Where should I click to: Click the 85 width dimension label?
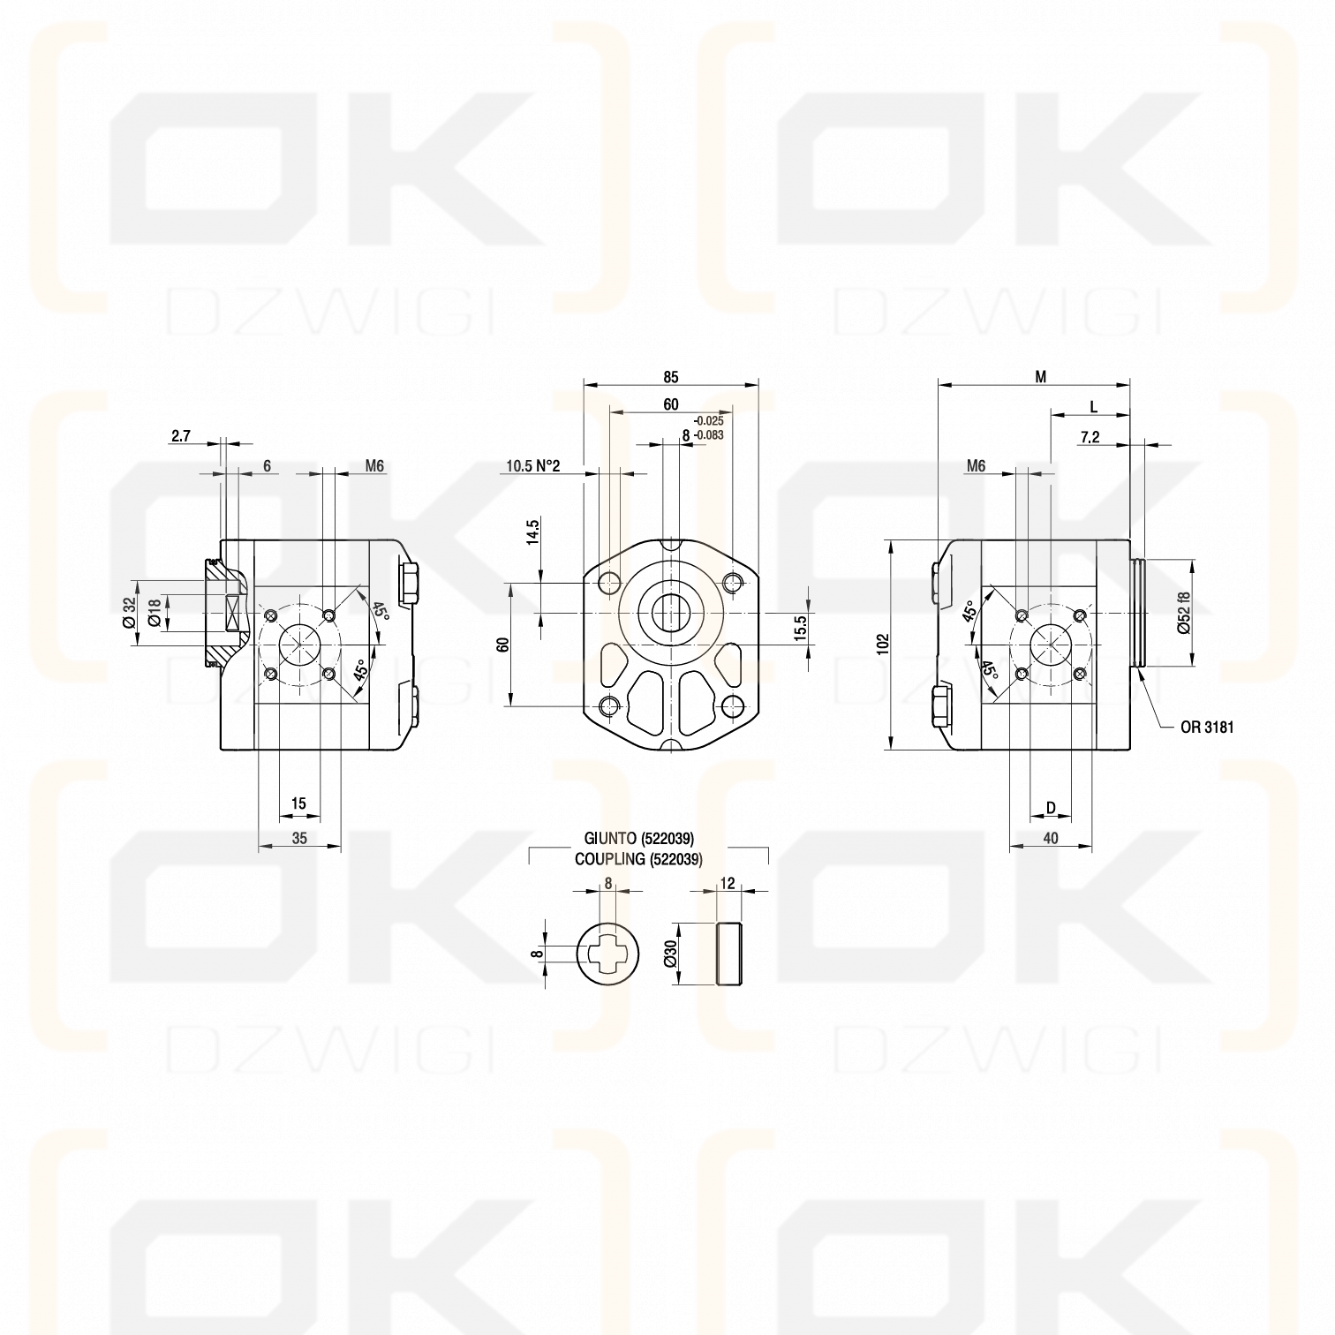670,377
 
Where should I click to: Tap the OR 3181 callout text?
1206,728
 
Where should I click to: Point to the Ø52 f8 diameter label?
1184,612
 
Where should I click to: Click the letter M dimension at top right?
1040,377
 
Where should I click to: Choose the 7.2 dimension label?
1090,437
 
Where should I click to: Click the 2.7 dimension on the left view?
181,435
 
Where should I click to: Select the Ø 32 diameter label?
129,612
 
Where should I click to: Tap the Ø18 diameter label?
155,612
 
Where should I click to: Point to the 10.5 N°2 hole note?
532,466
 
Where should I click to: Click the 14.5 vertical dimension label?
532,534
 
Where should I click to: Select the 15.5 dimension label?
800,630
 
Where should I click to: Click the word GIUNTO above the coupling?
611,838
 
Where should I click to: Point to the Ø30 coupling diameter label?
671,954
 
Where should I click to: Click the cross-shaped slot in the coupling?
608,954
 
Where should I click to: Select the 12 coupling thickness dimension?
728,883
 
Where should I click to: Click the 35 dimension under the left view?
299,838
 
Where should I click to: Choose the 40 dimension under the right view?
1050,838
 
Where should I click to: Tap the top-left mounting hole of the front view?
609,583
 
